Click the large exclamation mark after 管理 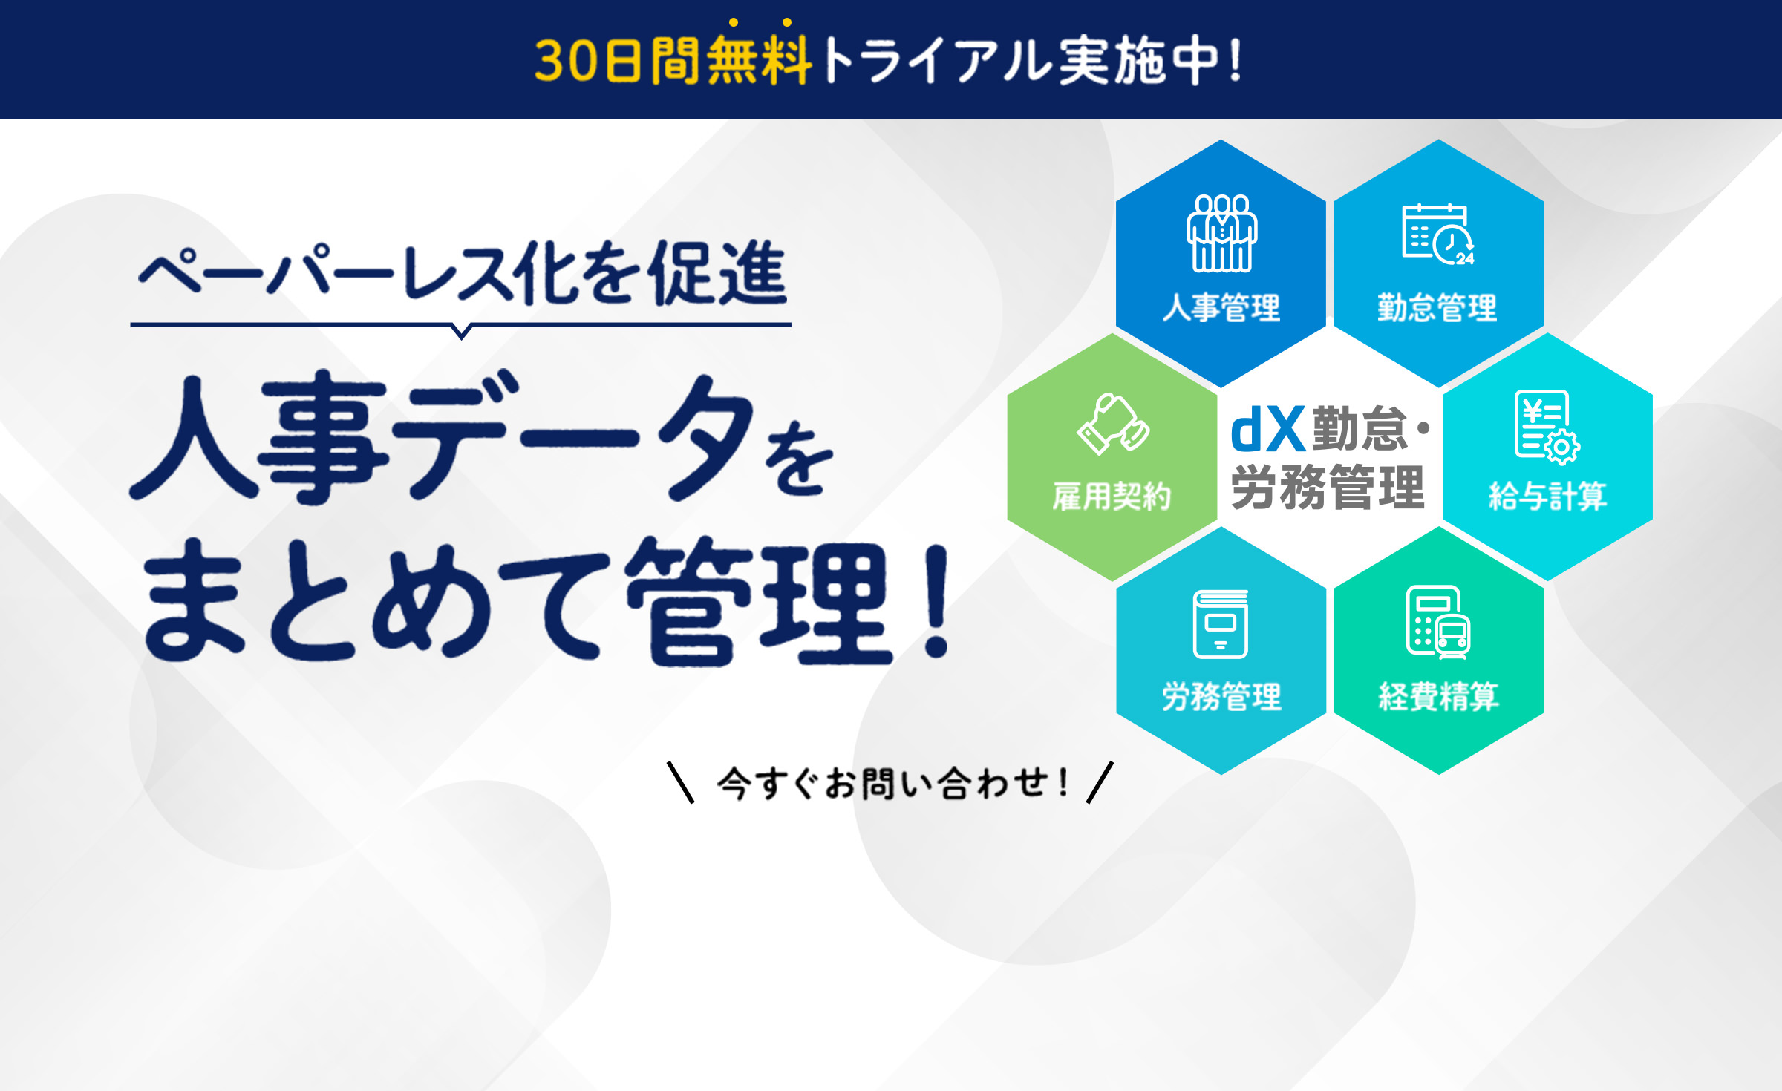[x=937, y=601]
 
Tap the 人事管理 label [x=1221, y=307]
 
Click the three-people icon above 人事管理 [x=1221, y=233]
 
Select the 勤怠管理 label [x=1437, y=307]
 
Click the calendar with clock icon [x=1438, y=233]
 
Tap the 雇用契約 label [x=1112, y=496]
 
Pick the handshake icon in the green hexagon [x=1113, y=423]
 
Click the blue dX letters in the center [x=1267, y=429]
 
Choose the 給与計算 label [x=1548, y=496]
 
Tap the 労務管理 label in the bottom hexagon [x=1221, y=696]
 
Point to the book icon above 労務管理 [x=1221, y=623]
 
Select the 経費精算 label [x=1438, y=696]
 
